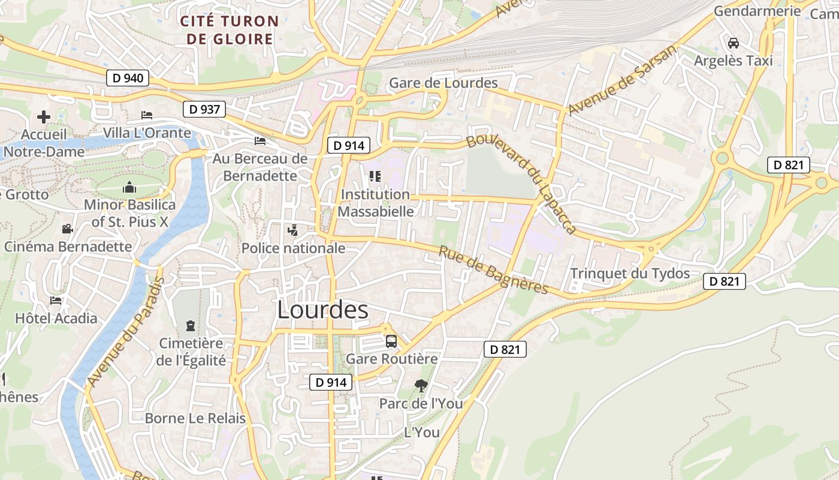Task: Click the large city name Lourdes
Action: pos(322,310)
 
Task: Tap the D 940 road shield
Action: pos(127,78)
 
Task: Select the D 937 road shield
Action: pos(204,109)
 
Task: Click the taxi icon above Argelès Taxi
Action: pos(733,43)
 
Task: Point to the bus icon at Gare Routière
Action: pos(391,341)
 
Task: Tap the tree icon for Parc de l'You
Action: pos(421,386)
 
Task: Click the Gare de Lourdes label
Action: pos(443,83)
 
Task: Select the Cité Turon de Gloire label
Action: pos(230,31)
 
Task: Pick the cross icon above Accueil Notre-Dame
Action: pos(44,117)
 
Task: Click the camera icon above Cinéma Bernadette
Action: pos(67,229)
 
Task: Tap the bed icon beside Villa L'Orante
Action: pos(147,115)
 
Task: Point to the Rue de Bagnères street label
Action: pos(493,270)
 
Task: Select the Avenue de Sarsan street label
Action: pos(621,80)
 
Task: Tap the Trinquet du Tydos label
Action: pos(630,274)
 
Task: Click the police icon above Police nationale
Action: pos(293,230)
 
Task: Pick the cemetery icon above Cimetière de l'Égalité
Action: pos(191,326)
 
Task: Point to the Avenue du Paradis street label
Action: pos(125,332)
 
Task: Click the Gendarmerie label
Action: pos(757,11)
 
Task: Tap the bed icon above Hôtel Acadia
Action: pos(56,301)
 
